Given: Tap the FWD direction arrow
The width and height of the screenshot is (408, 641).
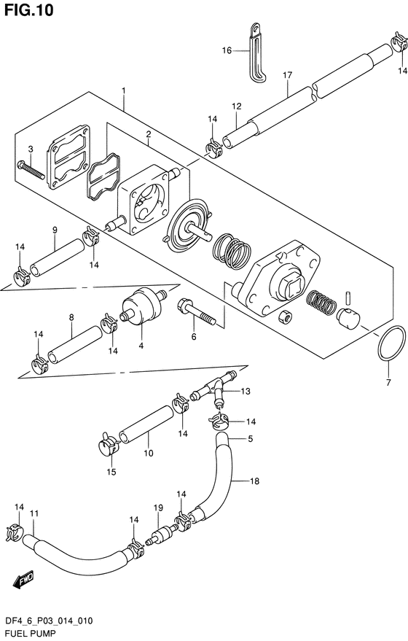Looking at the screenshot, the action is [24, 580].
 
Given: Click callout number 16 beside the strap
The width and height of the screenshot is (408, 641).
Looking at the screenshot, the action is [227, 50].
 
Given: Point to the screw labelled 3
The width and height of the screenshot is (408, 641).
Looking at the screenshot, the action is [31, 170].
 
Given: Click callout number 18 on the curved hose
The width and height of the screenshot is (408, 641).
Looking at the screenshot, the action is [254, 481].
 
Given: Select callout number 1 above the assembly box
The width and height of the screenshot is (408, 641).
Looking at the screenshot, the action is [123, 90].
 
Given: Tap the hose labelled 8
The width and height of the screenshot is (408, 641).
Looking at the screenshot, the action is [75, 343].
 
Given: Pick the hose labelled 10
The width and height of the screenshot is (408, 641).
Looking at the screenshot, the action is [146, 424].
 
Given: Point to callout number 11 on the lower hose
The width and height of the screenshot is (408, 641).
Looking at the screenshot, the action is [34, 513].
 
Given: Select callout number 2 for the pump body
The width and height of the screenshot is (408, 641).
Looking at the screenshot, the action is [149, 133].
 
